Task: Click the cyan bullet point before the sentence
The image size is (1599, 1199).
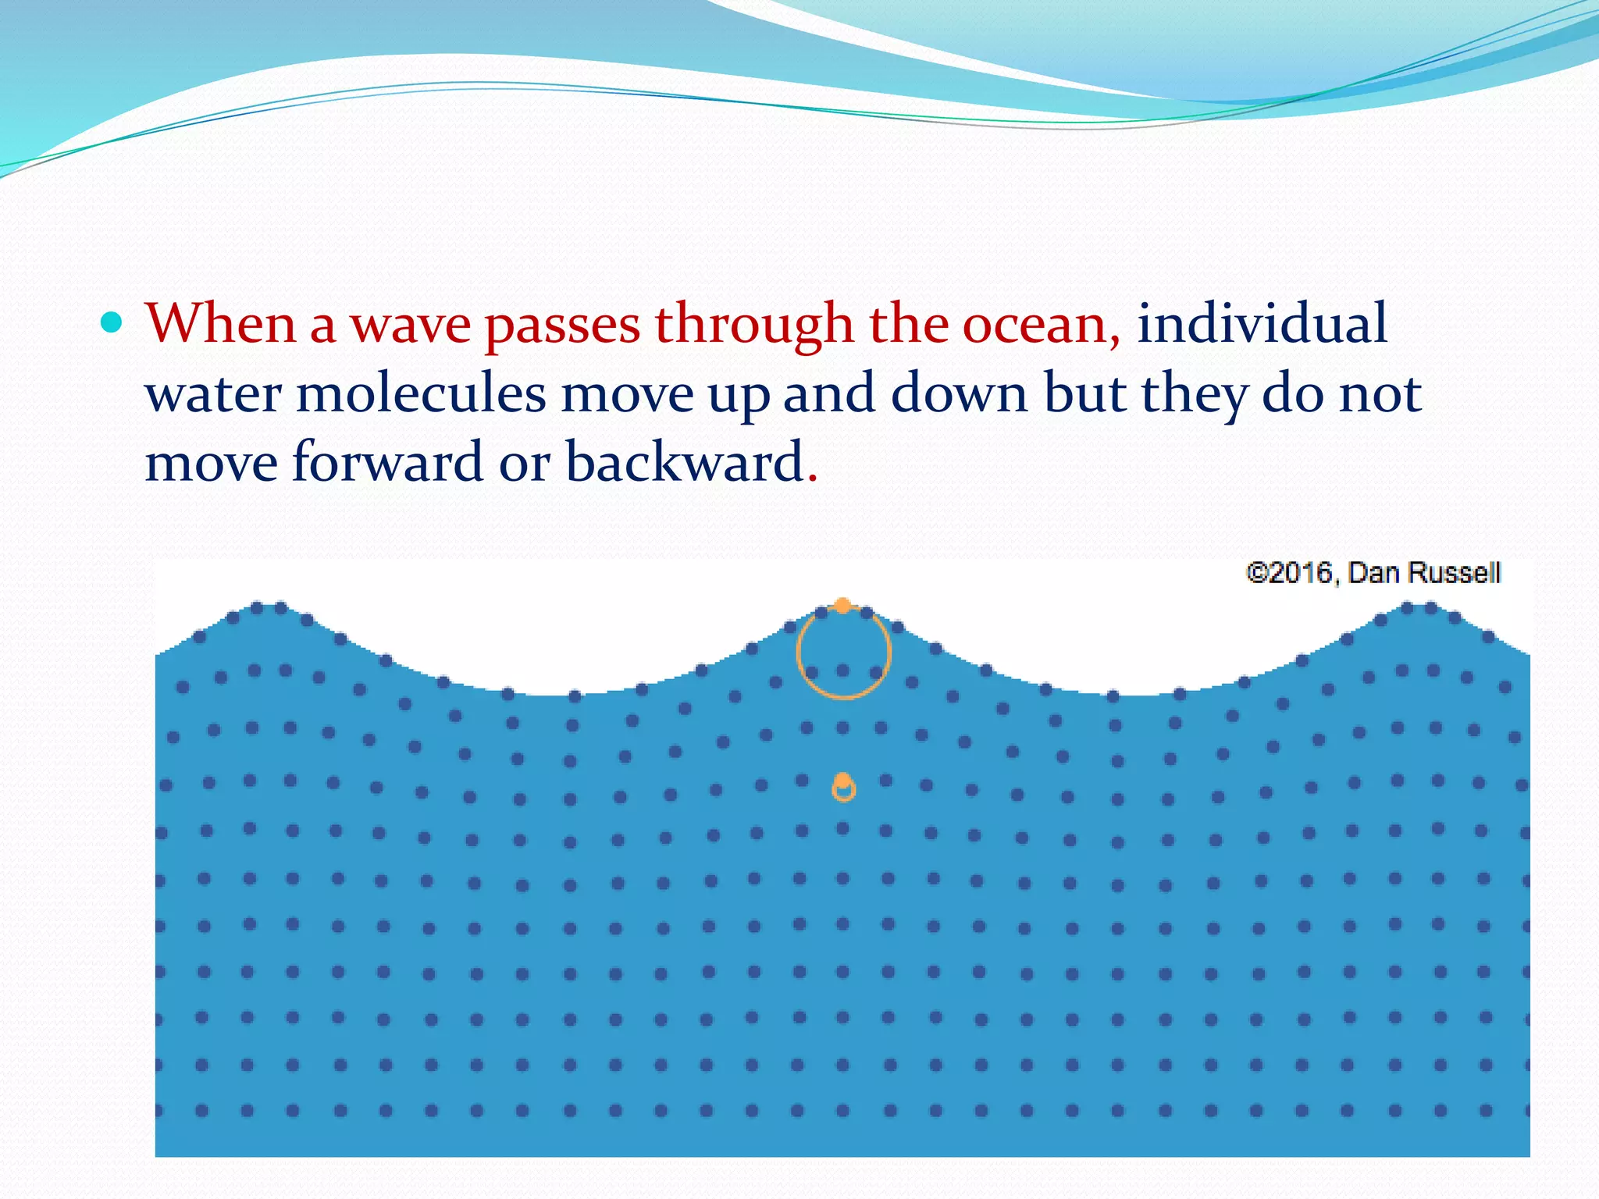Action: click(112, 322)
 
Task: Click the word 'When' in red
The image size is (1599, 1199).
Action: click(220, 323)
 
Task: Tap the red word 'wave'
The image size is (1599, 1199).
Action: click(410, 325)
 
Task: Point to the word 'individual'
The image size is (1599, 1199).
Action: click(1262, 323)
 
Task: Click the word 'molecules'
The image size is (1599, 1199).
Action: click(421, 393)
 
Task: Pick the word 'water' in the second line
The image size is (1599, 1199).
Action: click(212, 395)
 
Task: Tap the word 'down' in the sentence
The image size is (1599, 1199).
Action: click(960, 393)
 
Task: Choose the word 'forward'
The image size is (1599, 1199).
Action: click(387, 462)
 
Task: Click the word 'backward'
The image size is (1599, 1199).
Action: click(685, 462)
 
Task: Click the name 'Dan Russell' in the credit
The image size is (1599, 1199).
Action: click(1424, 573)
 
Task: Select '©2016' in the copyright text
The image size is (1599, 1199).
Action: click(1291, 573)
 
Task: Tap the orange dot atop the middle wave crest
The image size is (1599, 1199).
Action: click(842, 606)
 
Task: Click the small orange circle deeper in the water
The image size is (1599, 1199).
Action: click(843, 788)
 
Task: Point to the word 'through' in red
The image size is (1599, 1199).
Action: click(753, 325)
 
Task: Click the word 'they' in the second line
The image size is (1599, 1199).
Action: click(1193, 395)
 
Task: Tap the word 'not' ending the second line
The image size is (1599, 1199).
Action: click(1380, 393)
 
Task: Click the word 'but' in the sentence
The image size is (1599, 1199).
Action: click(1084, 393)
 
